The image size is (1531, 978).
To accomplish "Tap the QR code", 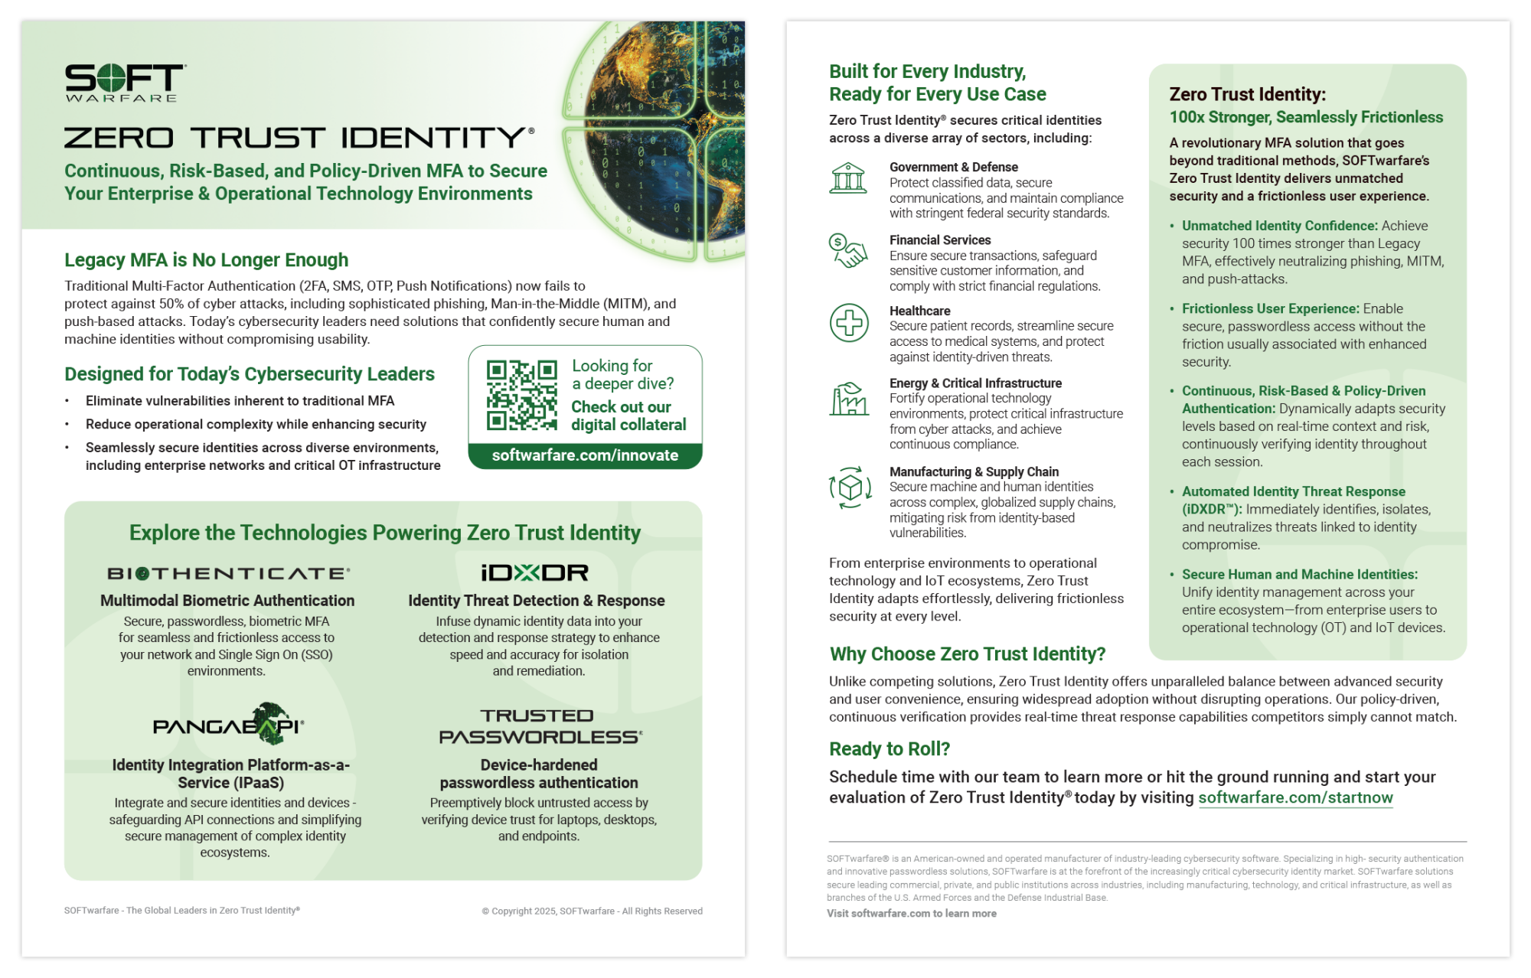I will (x=521, y=395).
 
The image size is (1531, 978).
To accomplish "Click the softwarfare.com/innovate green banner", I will (x=585, y=455).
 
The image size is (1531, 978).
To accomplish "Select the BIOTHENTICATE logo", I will (x=228, y=573).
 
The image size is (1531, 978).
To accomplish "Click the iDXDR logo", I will (x=535, y=572).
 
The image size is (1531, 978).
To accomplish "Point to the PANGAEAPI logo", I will (x=229, y=725).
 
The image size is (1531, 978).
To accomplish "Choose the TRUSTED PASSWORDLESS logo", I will (x=540, y=726).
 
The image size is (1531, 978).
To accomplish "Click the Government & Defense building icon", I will (x=848, y=178).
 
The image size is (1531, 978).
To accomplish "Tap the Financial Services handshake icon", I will (x=848, y=251).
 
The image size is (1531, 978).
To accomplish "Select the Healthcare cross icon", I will (x=849, y=322).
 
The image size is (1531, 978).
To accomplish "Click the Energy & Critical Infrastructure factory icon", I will (x=849, y=399).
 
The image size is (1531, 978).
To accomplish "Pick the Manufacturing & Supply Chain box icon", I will (x=850, y=487).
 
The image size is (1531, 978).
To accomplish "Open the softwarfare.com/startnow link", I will (x=1295, y=797).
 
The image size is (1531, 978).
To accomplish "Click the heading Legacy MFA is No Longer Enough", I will (x=206, y=260).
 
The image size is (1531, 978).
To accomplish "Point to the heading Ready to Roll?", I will (x=889, y=748).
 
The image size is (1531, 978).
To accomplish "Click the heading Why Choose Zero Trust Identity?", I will (x=968, y=654).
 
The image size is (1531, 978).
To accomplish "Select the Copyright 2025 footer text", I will (x=592, y=911).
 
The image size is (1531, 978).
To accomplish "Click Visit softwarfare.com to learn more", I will (x=911, y=914).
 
